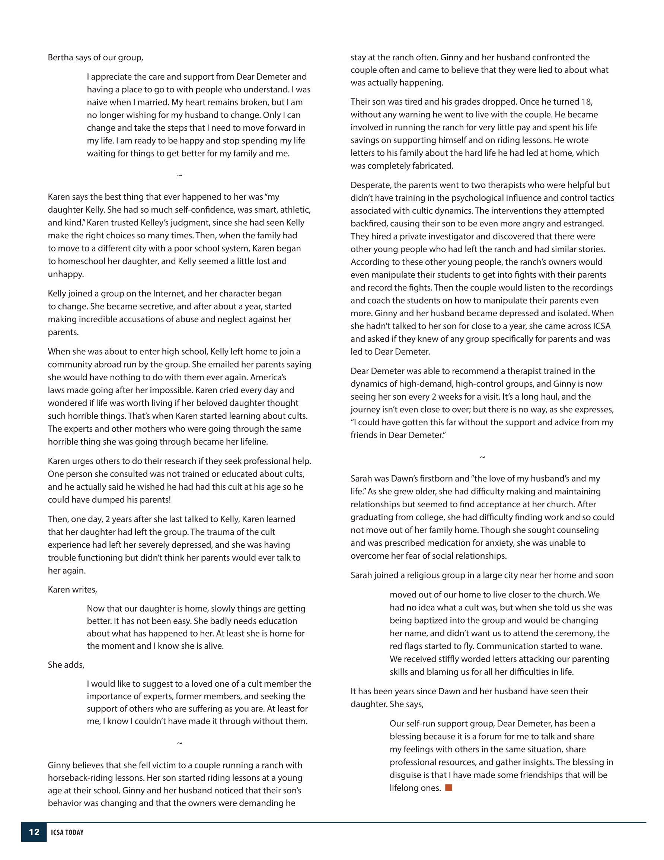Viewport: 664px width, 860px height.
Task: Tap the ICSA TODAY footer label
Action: click(x=67, y=832)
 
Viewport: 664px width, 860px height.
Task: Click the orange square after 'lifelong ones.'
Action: click(x=448, y=787)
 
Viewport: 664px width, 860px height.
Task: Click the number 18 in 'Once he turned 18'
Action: click(x=586, y=102)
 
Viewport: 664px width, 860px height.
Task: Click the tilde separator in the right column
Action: click(x=482, y=457)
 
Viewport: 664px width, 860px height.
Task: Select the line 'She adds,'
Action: click(x=66, y=665)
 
